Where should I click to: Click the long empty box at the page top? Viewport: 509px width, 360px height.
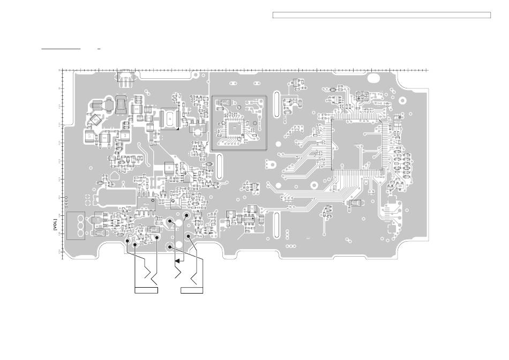(381, 15)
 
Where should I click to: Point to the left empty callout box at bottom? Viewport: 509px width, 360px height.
(146, 290)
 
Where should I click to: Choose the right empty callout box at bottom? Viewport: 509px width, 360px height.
(192, 290)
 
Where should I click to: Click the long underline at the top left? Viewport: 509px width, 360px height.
(61, 48)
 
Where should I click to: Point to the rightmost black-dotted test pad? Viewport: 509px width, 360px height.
(189, 236)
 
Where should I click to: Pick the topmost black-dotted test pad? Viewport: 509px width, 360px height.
(186, 215)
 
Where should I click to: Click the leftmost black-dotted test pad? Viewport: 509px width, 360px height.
(128, 241)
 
